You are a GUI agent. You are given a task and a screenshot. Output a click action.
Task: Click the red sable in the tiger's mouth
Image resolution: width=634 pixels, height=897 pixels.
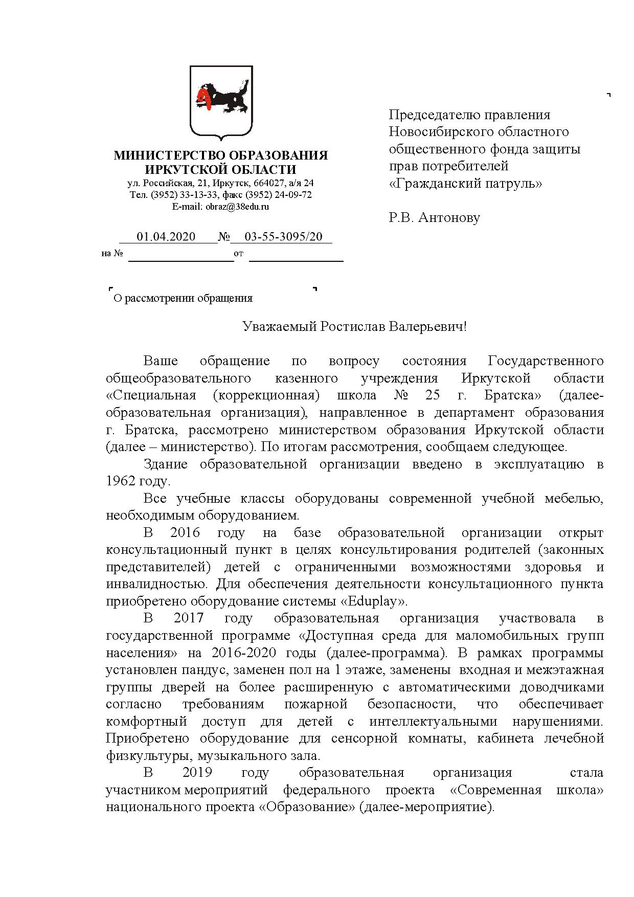pyautogui.click(x=205, y=97)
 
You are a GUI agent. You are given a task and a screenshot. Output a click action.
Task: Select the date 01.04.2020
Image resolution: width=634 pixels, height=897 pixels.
pyautogui.click(x=166, y=237)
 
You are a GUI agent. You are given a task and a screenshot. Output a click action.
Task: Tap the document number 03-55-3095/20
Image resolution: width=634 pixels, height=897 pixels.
pyautogui.click(x=283, y=237)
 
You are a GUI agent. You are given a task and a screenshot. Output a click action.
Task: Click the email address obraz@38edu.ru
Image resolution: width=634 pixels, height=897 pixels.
pyautogui.click(x=237, y=207)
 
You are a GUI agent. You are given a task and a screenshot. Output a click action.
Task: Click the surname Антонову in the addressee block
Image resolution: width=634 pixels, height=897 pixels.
pyautogui.click(x=449, y=218)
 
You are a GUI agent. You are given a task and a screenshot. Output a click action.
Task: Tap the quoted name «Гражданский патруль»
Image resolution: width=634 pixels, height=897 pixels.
pyautogui.click(x=465, y=183)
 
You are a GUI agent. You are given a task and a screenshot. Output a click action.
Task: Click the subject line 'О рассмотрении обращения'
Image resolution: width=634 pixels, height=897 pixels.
pyautogui.click(x=183, y=298)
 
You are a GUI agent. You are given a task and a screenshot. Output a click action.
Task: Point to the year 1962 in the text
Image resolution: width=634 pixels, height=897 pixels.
pyautogui.click(x=121, y=482)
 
